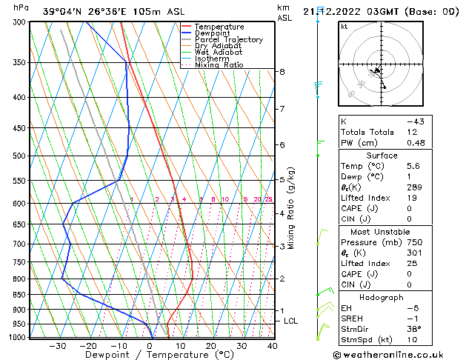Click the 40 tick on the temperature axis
(272, 346)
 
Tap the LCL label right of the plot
(291, 321)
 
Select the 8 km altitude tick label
(282, 72)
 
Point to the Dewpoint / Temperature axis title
(150, 356)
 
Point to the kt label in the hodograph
(344, 27)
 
